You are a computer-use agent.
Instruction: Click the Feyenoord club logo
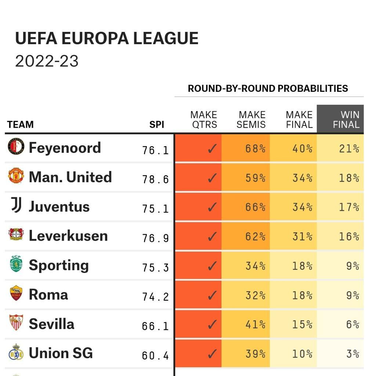16,147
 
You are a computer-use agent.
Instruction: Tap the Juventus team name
59,206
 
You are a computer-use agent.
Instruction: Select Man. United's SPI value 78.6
155,179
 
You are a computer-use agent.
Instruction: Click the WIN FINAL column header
340,120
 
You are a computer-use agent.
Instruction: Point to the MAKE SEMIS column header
252,120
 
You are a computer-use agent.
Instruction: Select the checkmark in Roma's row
212,295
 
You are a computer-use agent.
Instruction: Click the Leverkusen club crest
16,235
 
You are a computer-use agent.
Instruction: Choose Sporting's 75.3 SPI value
155,267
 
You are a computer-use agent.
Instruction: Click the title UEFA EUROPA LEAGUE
106,39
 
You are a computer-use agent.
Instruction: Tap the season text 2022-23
47,61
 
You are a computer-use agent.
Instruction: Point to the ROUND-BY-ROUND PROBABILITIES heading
268,88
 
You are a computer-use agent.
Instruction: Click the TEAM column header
20,124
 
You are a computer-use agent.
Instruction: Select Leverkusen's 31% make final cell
302,236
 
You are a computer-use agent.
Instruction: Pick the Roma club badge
16,294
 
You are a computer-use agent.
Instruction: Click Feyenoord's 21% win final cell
349,149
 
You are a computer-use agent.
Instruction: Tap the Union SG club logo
16,353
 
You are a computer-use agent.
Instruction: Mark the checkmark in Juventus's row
212,207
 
